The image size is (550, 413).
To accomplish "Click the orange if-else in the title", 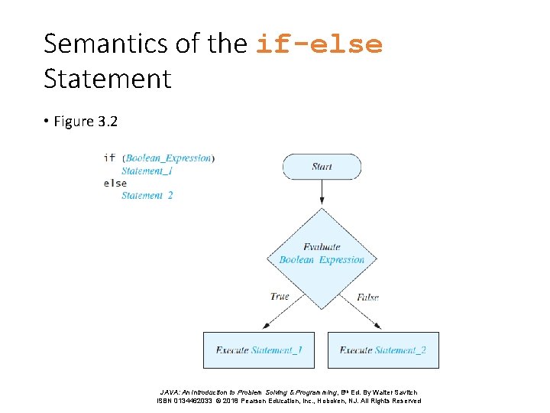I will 319,44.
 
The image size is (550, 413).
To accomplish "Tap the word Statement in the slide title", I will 107,78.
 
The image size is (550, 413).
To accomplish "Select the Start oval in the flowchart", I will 322,167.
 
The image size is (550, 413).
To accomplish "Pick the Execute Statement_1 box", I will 259,350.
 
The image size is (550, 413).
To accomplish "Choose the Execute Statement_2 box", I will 383,350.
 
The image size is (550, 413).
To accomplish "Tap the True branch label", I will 280,297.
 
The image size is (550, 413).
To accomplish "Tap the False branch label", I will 367,297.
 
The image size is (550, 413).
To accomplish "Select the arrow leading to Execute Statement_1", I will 279,314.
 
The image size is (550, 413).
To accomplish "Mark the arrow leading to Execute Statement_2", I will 365,314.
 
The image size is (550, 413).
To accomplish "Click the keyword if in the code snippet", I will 109,158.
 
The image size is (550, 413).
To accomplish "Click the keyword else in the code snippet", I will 115,183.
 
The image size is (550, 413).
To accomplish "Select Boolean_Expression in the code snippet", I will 168,158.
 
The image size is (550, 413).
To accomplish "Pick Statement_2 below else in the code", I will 147,195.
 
